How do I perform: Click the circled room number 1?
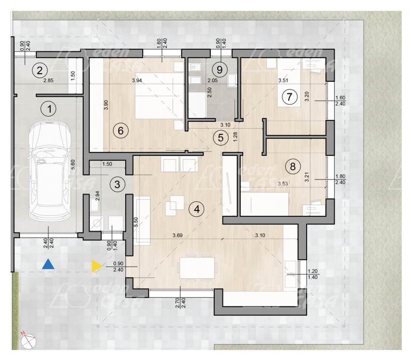click(49, 109)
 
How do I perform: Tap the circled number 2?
click(40, 71)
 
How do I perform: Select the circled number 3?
click(117, 184)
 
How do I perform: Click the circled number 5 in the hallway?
click(220, 137)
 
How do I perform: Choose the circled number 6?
click(121, 131)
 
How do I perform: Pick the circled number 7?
click(289, 97)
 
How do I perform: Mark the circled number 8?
click(293, 166)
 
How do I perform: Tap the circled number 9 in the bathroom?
click(220, 70)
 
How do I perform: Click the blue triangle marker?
click(48, 265)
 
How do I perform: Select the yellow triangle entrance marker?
click(96, 266)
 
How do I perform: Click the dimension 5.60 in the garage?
click(73, 165)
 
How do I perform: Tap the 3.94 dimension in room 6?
click(137, 80)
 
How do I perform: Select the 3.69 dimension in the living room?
click(177, 235)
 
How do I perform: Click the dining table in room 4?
click(197, 268)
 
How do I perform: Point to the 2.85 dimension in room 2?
click(48, 80)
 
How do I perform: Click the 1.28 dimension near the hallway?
click(235, 136)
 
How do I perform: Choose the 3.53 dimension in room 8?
click(283, 184)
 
